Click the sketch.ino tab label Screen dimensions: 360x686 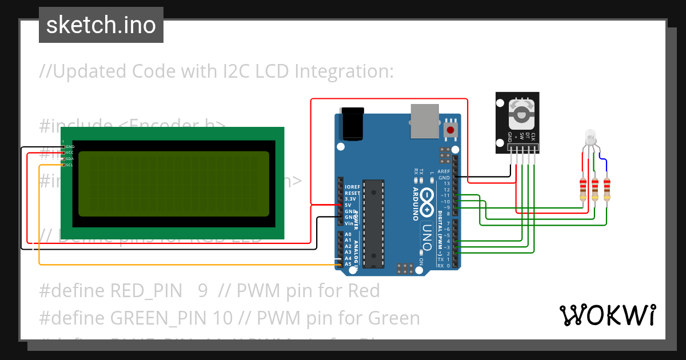[x=101, y=25]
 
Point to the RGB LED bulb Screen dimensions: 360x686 [x=591, y=138]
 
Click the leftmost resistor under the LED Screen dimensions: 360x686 [x=583, y=189]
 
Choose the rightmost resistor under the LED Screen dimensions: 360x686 [x=607, y=189]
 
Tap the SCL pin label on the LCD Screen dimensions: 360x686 [x=69, y=165]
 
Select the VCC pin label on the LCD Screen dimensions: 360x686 [x=69, y=153]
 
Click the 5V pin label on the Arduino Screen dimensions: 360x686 [x=348, y=205]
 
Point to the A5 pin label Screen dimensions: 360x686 [x=348, y=264]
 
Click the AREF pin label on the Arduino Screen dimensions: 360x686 [x=444, y=171]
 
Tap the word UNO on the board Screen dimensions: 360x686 [x=427, y=234]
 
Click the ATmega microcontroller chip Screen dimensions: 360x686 [x=373, y=220]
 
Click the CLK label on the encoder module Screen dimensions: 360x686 [x=533, y=137]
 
